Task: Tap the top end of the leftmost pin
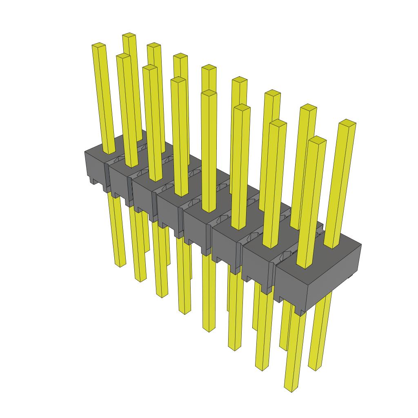[x=99, y=45]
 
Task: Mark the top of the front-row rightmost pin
[x=318, y=140]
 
